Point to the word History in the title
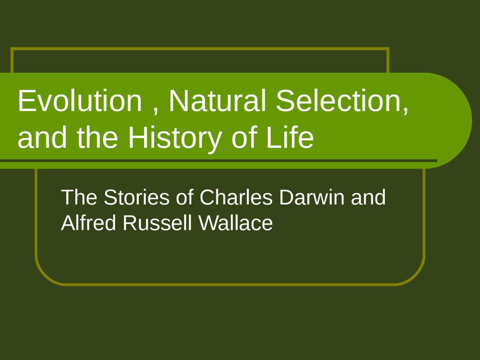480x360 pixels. click(x=175, y=138)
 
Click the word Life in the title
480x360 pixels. click(x=289, y=137)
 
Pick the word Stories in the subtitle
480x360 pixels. click(x=136, y=197)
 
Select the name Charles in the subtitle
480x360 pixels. click(x=236, y=197)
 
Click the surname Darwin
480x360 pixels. click(x=312, y=197)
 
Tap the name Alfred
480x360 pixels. click(x=88, y=223)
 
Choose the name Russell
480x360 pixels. click(x=157, y=223)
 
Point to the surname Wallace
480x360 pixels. click(x=235, y=223)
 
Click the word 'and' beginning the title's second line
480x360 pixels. click(x=42, y=137)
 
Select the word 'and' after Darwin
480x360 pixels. click(x=368, y=197)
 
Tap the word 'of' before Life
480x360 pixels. click(x=244, y=137)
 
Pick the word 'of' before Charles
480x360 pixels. click(x=184, y=197)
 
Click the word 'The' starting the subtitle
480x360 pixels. click(x=79, y=197)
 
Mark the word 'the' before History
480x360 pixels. click(x=97, y=137)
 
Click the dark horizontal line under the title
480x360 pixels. click(x=225, y=161)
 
